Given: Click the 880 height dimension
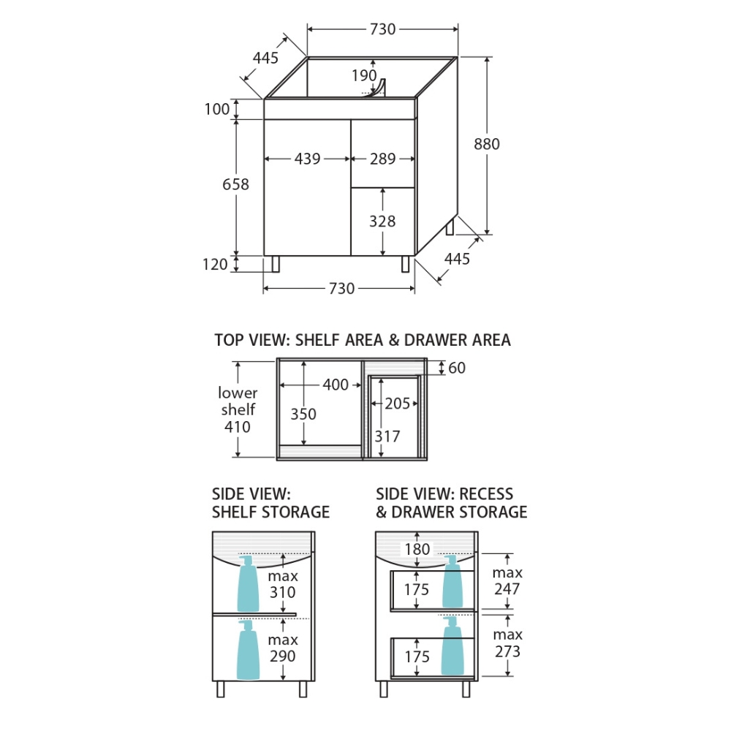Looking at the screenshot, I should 487,144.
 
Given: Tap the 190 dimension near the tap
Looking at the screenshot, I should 363,75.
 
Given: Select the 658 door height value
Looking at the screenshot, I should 235,184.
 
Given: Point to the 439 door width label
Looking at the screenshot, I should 307,159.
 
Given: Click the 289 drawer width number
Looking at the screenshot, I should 382,159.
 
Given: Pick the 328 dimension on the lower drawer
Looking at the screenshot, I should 382,221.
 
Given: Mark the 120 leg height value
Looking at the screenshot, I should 216,265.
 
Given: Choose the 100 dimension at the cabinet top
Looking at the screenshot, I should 217,110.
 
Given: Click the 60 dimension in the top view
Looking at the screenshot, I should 457,368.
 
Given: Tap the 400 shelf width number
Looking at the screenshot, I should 336,385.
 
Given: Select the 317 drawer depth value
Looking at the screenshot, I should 387,436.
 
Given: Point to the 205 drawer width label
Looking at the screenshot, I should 398,403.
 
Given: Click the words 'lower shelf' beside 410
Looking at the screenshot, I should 238,401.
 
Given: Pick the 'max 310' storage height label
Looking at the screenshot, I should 282,583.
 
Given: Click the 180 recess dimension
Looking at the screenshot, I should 417,549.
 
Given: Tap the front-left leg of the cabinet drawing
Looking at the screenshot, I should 276,264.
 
